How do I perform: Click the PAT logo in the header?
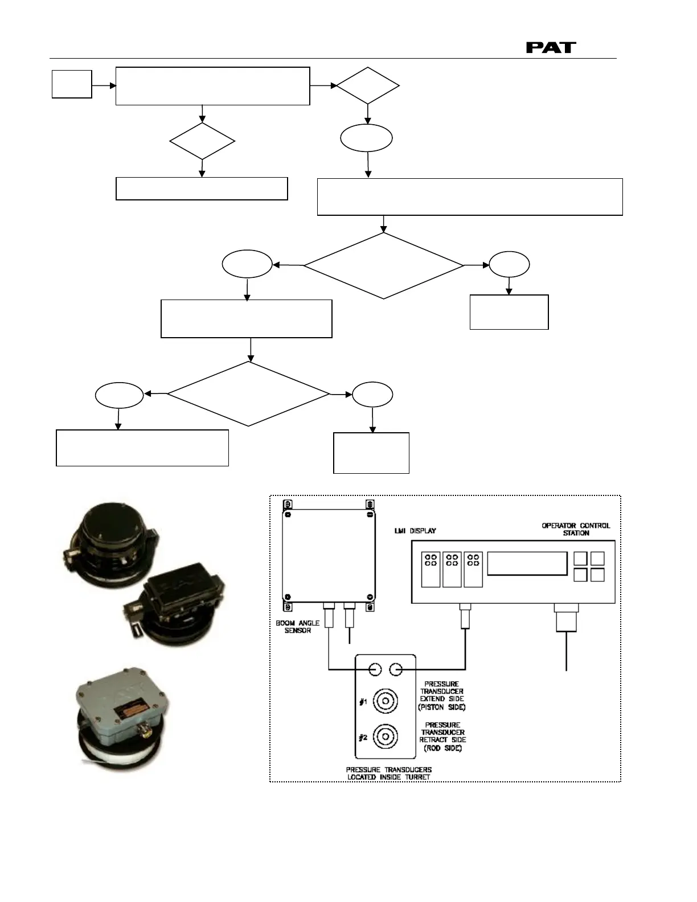(551, 47)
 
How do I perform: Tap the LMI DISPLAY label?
(415, 531)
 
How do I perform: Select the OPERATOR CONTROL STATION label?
(576, 529)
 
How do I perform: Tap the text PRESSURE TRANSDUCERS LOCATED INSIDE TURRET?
(388, 773)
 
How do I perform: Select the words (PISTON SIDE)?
(442, 707)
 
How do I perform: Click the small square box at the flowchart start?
(72, 84)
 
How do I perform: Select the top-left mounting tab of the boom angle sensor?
(288, 505)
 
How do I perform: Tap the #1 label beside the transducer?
(362, 702)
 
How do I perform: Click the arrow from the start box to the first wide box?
(104, 85)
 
